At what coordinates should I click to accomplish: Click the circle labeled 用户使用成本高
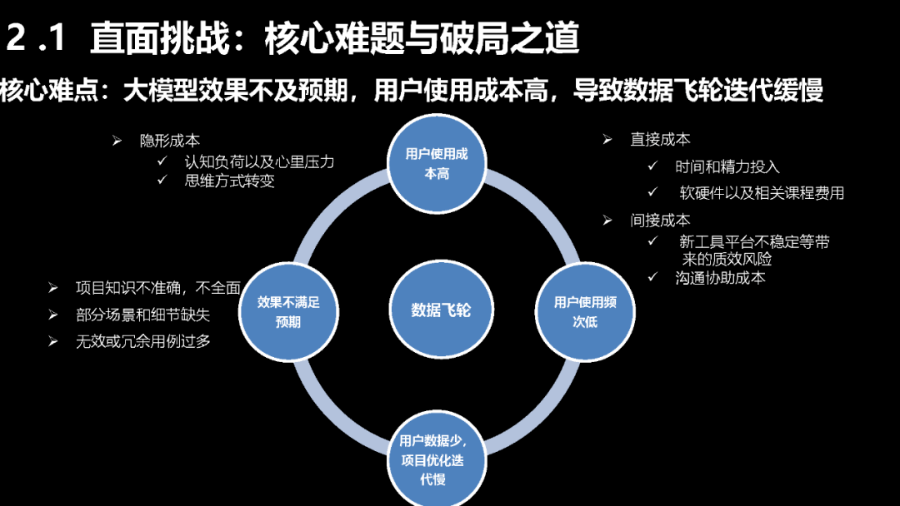pyautogui.click(x=437, y=163)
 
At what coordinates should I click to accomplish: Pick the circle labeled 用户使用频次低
pyautogui.click(x=585, y=310)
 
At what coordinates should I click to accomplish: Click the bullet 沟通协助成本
pyautogui.click(x=720, y=278)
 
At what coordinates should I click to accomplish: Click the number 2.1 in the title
pyautogui.click(x=37, y=40)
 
